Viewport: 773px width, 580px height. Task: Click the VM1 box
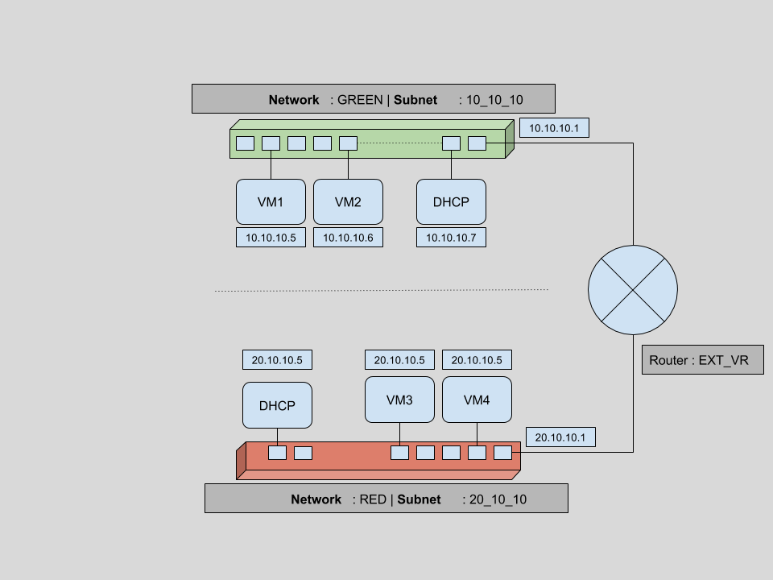271,201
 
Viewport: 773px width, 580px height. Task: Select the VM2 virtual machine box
348,201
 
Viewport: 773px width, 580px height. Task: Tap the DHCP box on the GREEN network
451,201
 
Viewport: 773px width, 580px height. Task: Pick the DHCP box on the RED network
277,405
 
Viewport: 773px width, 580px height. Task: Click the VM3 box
399,400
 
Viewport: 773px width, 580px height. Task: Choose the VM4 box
477,400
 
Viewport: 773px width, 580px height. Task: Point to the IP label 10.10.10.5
271,238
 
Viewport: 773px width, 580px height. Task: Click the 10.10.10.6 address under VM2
348,238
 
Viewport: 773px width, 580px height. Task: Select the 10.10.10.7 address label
451,238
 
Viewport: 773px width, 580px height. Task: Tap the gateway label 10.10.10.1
554,128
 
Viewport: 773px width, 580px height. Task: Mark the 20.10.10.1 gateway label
560,437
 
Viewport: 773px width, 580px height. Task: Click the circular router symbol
632,289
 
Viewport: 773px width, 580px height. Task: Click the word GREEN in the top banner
360,100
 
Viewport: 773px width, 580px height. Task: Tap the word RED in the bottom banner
373,499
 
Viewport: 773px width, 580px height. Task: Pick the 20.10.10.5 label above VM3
399,359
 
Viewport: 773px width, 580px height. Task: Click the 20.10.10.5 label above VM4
477,359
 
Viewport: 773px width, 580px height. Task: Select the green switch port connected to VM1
271,143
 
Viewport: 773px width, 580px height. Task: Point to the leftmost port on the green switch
246,143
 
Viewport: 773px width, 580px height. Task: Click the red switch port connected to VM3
399,453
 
